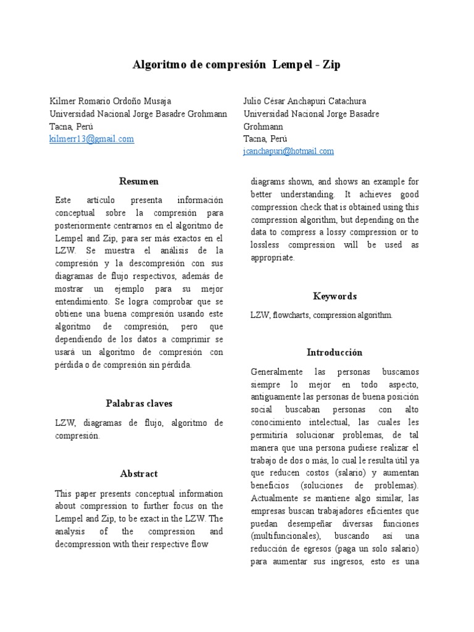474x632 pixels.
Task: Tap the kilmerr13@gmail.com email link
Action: point(91,139)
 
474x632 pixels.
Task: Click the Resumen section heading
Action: point(139,181)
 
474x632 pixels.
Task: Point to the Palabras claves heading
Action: point(139,404)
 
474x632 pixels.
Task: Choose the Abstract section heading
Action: point(139,474)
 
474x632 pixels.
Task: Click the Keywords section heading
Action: point(335,296)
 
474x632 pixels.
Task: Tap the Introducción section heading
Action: point(335,352)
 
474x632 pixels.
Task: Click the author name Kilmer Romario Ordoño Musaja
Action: point(110,101)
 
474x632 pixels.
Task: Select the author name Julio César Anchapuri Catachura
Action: point(304,101)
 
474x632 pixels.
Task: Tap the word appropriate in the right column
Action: point(272,257)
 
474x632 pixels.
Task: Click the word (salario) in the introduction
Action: point(348,473)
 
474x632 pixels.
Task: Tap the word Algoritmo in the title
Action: point(157,65)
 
